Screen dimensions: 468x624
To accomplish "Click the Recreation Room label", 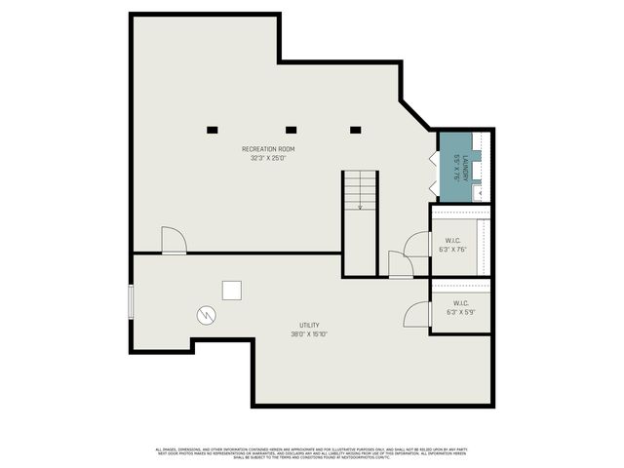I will coord(268,149).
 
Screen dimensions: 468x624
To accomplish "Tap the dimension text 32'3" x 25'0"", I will coord(268,157).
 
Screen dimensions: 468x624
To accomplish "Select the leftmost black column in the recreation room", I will coord(212,130).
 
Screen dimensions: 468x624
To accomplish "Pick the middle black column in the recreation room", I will coord(291,130).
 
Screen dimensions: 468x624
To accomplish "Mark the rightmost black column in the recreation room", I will coord(355,130).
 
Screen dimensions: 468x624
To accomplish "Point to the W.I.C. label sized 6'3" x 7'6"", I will coord(452,245).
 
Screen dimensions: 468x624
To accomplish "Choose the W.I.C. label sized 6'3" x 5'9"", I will coord(460,308).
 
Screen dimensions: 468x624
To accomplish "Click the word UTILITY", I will coord(309,326).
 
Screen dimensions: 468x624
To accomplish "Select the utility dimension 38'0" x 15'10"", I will coord(309,334).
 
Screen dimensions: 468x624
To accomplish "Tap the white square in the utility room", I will coord(232,291).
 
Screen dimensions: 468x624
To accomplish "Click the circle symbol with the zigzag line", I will coord(206,314).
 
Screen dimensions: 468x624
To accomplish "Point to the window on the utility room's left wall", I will coord(132,301).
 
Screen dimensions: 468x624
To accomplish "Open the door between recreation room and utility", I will coord(174,241).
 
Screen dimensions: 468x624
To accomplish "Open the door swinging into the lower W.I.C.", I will coord(417,314).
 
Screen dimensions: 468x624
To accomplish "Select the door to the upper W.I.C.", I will coord(418,244).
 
